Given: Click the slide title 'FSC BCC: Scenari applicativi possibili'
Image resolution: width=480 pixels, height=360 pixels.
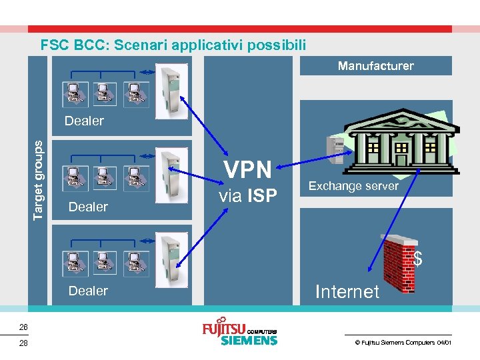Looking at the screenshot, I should point(173,45).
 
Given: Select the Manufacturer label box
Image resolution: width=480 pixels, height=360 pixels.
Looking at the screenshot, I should point(375,66).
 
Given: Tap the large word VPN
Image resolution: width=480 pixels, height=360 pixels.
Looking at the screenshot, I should point(247,171).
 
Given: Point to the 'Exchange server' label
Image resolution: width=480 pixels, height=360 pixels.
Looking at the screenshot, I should point(353,186).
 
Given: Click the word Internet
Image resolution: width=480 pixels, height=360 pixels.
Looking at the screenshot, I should point(347,291).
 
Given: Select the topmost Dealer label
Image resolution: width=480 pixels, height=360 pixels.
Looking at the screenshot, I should point(84,121).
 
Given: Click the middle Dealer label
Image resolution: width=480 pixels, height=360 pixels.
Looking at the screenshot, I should point(88,207).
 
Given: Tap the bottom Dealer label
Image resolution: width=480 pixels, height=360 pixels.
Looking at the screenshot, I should point(88,291).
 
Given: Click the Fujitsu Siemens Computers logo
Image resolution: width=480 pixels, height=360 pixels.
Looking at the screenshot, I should point(239,333).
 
